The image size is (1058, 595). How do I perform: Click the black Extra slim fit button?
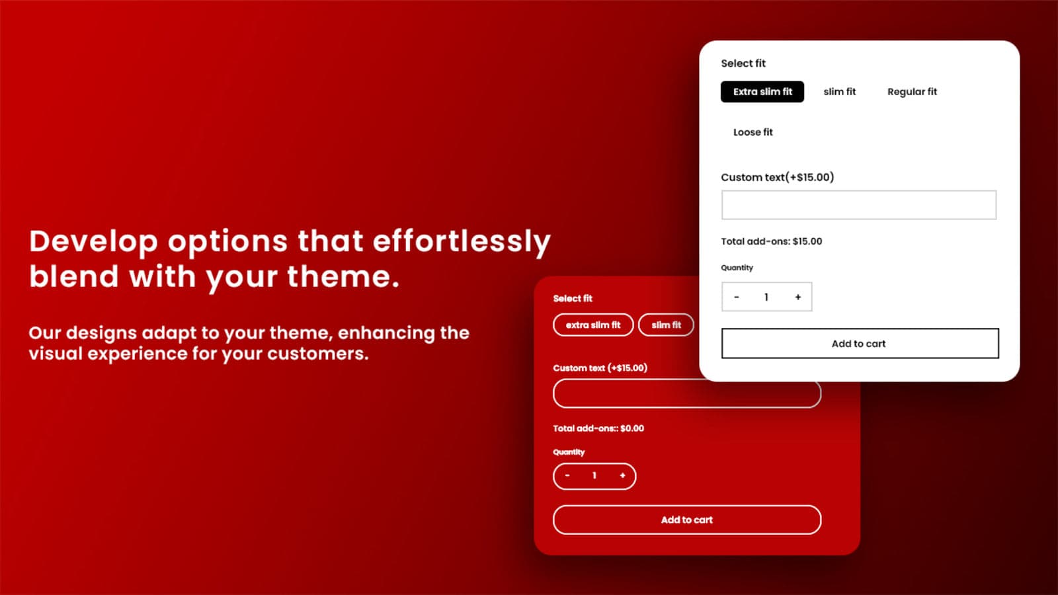762,92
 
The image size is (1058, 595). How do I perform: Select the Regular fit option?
912,92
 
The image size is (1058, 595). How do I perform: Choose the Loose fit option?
753,132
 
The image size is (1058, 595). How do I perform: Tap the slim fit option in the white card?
839,92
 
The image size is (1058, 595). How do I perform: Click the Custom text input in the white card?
859,205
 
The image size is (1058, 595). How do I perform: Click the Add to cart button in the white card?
860,343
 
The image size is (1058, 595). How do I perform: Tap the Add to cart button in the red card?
687,520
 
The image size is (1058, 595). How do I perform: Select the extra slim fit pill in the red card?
592,325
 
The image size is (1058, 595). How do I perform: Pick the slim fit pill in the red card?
666,325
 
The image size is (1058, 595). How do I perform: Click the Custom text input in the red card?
687,393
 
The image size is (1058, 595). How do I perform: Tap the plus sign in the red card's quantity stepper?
622,475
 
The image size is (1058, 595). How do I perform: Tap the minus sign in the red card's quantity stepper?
567,475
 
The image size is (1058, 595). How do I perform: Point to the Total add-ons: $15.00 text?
771,241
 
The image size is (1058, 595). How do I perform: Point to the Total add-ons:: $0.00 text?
598,428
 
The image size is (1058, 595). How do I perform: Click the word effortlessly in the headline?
462,242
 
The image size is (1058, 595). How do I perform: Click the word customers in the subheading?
317,353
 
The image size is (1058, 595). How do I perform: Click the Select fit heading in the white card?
743,63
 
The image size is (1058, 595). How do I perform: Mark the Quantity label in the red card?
569,452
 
